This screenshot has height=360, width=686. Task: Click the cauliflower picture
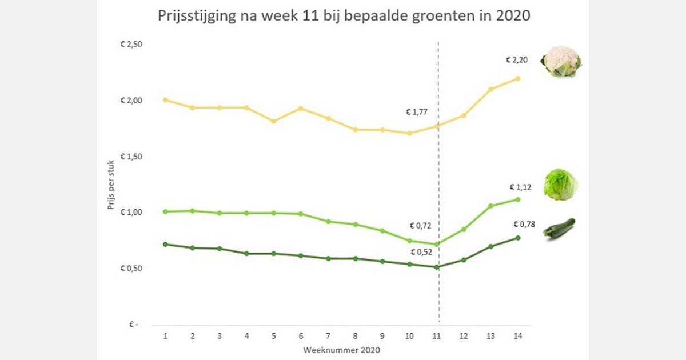click(561, 62)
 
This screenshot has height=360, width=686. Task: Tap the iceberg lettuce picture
click(561, 185)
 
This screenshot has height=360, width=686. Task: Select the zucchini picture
click(559, 229)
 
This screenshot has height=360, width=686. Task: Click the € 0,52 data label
click(422, 251)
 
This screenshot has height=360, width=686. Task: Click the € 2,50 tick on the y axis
click(131, 45)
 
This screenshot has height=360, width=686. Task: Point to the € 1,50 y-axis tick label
click(131, 157)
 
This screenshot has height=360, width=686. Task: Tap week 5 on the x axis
click(274, 337)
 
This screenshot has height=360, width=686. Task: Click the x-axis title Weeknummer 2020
click(341, 349)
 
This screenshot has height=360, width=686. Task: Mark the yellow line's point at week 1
click(165, 100)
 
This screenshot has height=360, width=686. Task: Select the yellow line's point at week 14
click(518, 78)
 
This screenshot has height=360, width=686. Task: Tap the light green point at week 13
click(490, 206)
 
